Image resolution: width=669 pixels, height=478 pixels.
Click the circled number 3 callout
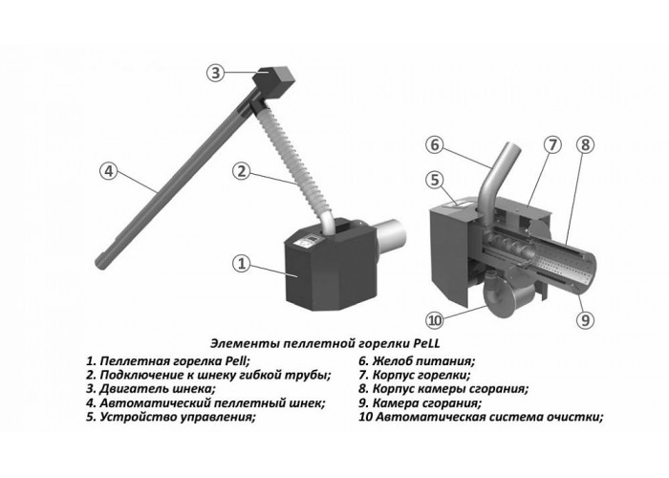[216, 73]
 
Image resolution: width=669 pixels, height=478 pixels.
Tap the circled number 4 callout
[108, 171]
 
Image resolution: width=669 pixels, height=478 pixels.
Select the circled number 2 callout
[242, 171]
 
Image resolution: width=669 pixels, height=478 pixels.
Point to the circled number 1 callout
[242, 263]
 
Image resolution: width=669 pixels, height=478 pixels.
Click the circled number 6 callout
[434, 145]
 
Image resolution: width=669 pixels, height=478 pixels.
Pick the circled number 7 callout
[552, 145]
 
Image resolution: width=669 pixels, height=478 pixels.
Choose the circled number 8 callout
[585, 145]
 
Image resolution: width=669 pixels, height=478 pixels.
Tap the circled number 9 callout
[585, 319]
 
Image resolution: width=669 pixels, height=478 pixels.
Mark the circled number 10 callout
[434, 320]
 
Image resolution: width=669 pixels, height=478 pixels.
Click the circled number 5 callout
[434, 180]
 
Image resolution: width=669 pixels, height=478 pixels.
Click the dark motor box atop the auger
[273, 84]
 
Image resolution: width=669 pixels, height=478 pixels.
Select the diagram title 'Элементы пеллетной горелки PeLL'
[325, 343]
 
